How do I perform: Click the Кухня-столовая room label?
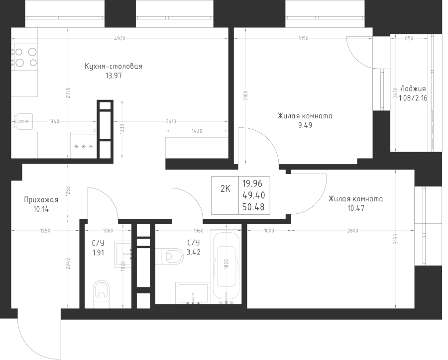(x=113, y=67)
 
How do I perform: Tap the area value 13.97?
(x=113, y=76)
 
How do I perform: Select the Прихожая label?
(x=41, y=200)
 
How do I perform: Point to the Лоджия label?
(x=412, y=89)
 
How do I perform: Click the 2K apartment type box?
(x=225, y=188)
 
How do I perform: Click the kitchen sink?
(x=23, y=120)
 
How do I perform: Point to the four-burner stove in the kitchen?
(x=25, y=57)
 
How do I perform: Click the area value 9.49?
(x=305, y=126)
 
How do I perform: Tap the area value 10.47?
(x=355, y=208)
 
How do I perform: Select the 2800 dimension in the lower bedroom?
(x=353, y=230)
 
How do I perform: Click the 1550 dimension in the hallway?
(x=44, y=230)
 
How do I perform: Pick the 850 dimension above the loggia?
(x=409, y=38)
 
